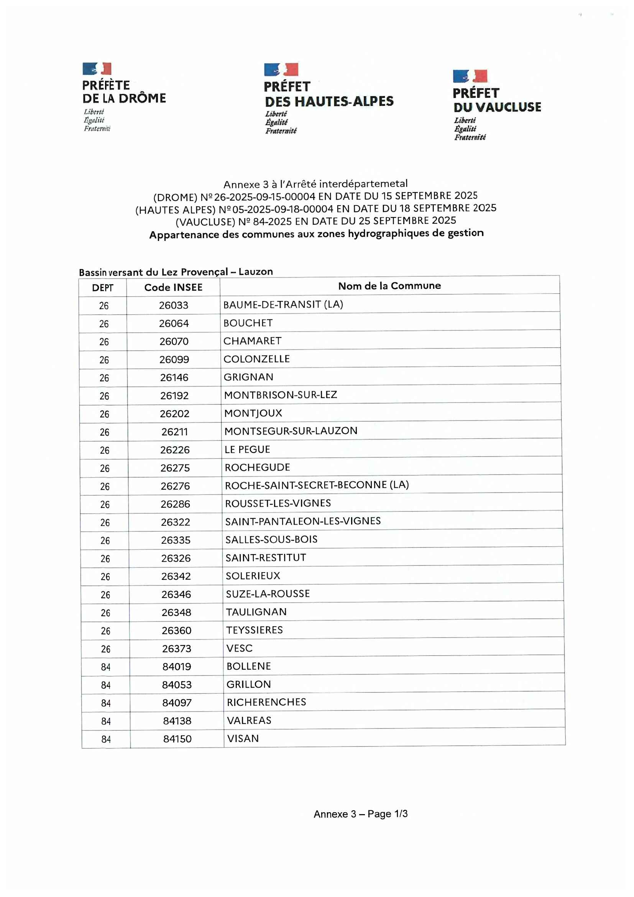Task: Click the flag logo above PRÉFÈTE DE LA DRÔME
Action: pyautogui.click(x=97, y=69)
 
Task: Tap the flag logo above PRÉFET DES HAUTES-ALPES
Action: pyautogui.click(x=281, y=69)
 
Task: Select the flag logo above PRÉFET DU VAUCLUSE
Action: pyautogui.click(x=470, y=76)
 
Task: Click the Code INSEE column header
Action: pyautogui.click(x=173, y=288)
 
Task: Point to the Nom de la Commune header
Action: pyautogui.click(x=389, y=286)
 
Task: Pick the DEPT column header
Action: pyautogui.click(x=103, y=288)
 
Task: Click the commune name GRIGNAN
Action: pyautogui.click(x=248, y=377)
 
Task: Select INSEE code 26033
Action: pyautogui.click(x=173, y=305)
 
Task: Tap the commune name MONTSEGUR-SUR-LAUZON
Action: pyautogui.click(x=291, y=431)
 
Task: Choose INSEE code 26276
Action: pyautogui.click(x=175, y=486)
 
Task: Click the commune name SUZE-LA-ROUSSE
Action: pyautogui.click(x=268, y=594)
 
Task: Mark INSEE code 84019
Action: pyautogui.click(x=177, y=667)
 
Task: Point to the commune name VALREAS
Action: pyautogui.click(x=249, y=721)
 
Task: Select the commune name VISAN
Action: pyautogui.click(x=243, y=738)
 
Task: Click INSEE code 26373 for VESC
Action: pyautogui.click(x=177, y=648)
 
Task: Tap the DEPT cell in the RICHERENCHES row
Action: pyautogui.click(x=106, y=703)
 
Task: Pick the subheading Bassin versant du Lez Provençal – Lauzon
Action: pyautogui.click(x=176, y=272)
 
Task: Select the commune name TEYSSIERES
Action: pyautogui.click(x=255, y=630)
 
